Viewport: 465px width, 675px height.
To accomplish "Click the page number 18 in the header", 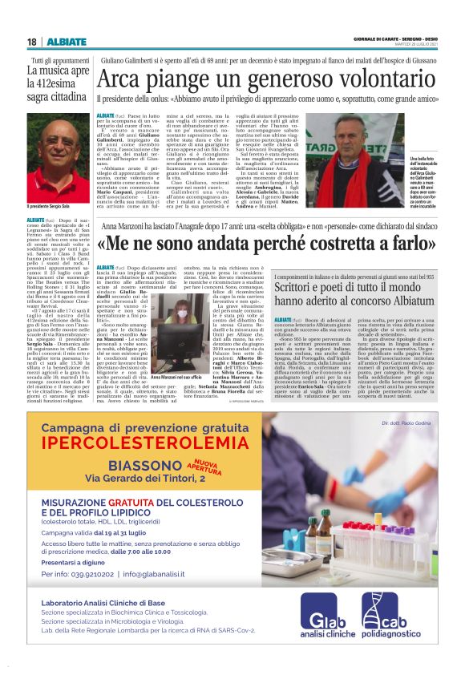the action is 31,42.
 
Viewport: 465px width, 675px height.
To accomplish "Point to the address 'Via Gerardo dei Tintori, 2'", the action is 143,479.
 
